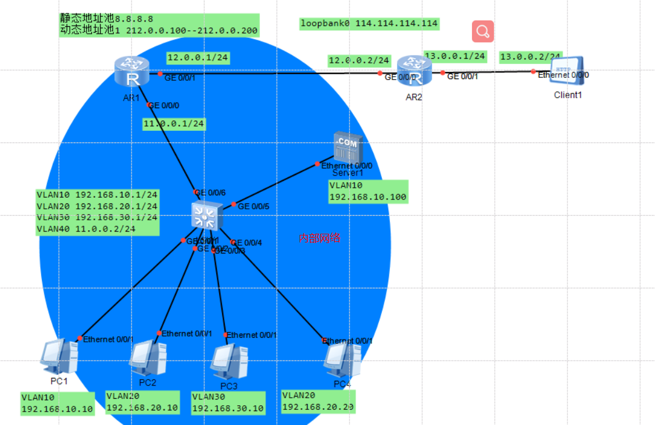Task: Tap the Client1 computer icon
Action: click(x=567, y=72)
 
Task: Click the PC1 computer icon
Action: click(x=59, y=356)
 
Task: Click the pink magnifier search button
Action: click(x=483, y=31)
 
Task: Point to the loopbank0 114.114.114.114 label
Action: click(x=368, y=24)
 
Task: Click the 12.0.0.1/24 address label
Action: click(x=198, y=58)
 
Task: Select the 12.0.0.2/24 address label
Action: click(x=359, y=60)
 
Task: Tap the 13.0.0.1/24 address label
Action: click(x=455, y=56)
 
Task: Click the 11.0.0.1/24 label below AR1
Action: click(x=174, y=124)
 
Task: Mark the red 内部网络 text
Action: click(x=319, y=238)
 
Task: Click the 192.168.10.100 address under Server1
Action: click(x=368, y=198)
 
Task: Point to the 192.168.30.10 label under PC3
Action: click(x=228, y=408)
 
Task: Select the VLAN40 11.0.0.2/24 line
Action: click(x=86, y=229)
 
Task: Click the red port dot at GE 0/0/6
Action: click(x=196, y=192)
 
